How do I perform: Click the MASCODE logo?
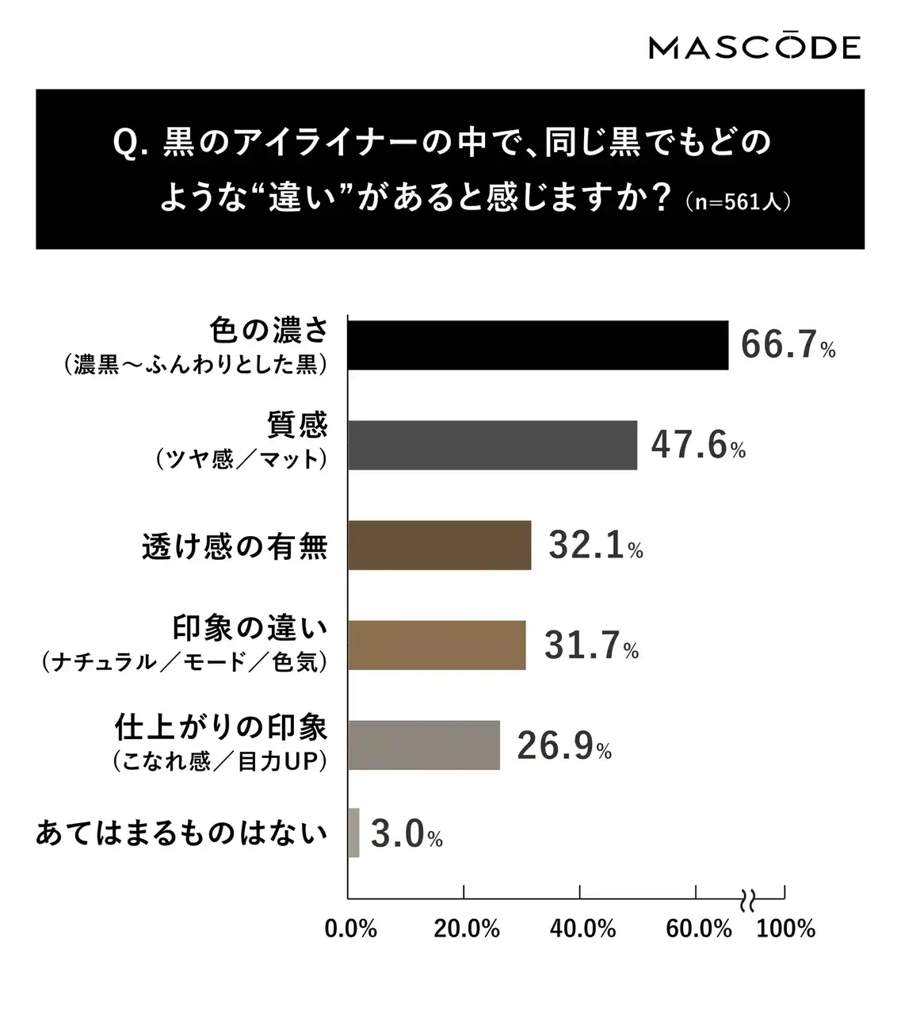[754, 48]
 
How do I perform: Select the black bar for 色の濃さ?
[537, 346]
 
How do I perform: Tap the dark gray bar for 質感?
[492, 446]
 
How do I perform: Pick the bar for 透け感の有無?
[439, 546]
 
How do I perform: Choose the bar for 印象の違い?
[437, 645]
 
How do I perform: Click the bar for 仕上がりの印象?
[423, 745]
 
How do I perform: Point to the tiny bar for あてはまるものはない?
[353, 833]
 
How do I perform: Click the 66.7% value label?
[788, 347]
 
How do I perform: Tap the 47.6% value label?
[697, 446]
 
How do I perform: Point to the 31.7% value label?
[590, 646]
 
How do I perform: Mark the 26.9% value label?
[563, 746]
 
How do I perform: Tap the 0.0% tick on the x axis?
[350, 929]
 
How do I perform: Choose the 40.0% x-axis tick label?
[582, 929]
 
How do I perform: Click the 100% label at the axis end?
[785, 929]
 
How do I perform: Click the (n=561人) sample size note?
[738, 201]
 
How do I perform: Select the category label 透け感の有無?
[235, 547]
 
